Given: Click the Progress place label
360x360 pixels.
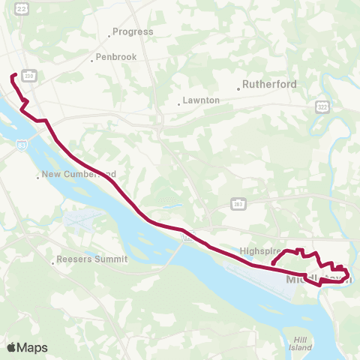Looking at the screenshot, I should [x=133, y=32].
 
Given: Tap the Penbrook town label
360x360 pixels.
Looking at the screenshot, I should [x=115, y=58].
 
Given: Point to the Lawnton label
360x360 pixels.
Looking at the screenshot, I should [x=202, y=100].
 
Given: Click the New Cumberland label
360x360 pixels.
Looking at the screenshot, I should [x=79, y=174].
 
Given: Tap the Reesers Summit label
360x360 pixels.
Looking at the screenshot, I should [x=94, y=259].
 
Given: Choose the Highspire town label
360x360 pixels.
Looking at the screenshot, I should [x=260, y=251].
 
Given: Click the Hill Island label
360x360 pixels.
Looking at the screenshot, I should [x=300, y=343].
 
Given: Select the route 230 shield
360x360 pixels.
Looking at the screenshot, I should [x=30, y=76].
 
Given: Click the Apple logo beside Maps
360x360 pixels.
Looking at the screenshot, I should [x=12, y=347].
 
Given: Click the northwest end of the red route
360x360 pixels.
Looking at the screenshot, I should [x=11, y=75].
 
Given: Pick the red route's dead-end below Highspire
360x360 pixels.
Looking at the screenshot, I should [x=273, y=263].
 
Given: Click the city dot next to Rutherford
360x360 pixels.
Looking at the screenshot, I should [x=238, y=88].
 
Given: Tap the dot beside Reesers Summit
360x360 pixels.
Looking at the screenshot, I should [x=53, y=262].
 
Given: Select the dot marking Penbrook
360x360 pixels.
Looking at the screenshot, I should [x=91, y=61].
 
